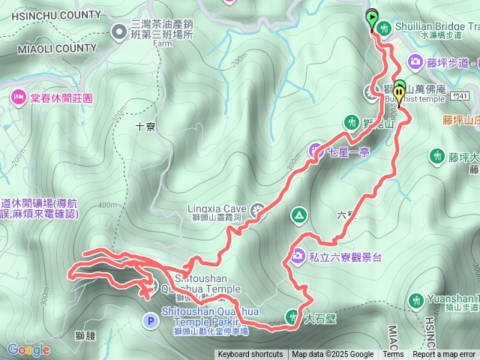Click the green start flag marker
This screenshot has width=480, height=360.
tap(372, 16)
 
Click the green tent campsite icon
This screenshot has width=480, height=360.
tap(298, 216)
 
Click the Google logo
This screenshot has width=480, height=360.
tap(28, 349)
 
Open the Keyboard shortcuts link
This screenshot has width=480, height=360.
tap(250, 355)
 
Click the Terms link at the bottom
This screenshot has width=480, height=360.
tap(393, 355)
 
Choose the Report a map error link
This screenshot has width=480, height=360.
tap(444, 355)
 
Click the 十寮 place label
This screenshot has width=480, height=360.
tap(145, 127)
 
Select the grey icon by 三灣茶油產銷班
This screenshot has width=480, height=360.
tap(119, 31)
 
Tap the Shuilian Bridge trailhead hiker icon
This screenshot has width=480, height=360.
tap(384, 28)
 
